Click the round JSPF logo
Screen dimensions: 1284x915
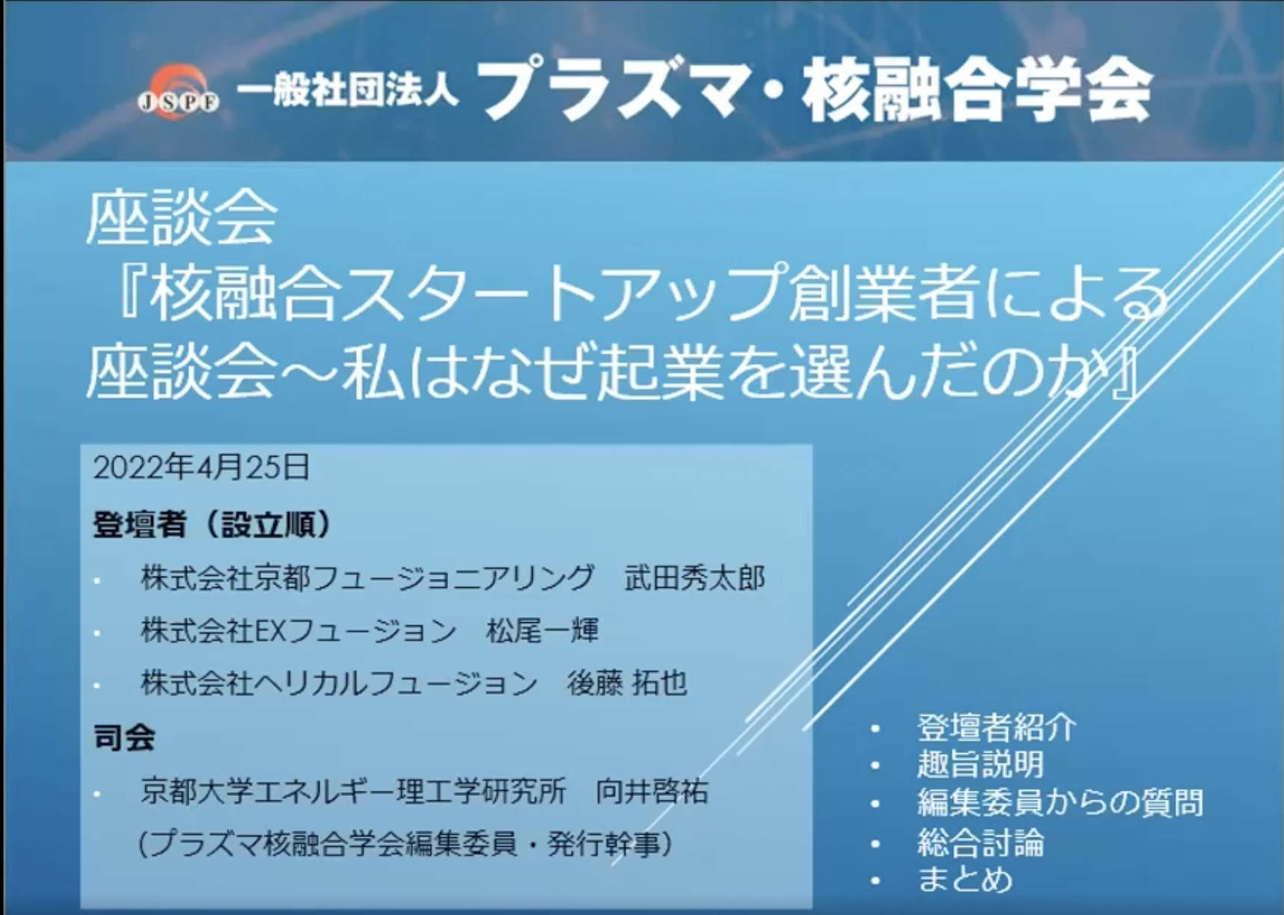pos(178,90)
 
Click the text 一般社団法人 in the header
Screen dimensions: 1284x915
pos(347,93)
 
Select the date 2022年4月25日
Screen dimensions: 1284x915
pos(201,468)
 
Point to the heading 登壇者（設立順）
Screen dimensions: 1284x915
pos(212,525)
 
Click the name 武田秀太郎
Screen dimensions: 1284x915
pos(695,578)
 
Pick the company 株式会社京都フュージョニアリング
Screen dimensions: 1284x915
pos(367,578)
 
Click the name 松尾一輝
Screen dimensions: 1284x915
pos(542,630)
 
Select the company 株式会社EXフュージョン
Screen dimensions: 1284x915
pos(299,630)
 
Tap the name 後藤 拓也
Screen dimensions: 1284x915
pos(626,683)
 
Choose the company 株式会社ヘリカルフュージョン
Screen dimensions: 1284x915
pos(339,683)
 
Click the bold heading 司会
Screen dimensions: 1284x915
pos(124,738)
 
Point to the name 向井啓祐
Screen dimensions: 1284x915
pos(652,791)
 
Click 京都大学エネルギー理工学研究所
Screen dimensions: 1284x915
pos(353,791)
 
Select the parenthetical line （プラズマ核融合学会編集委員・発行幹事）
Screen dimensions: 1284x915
pos(405,844)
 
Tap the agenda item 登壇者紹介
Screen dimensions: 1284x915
pos(997,727)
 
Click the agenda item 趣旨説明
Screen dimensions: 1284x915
pos(980,764)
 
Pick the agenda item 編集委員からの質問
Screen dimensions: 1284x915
pos(1060,803)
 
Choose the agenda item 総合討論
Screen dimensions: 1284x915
pos(980,843)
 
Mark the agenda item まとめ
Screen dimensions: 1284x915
pos(965,879)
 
